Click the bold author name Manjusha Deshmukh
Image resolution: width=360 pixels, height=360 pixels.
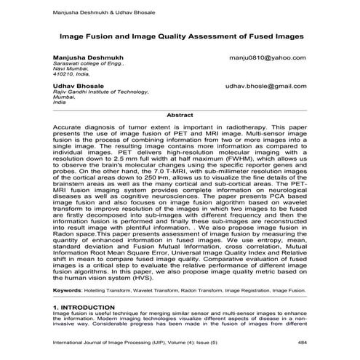click(84, 57)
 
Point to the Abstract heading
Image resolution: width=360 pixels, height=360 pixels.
click(180, 115)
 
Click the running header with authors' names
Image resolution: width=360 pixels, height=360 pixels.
click(95, 11)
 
